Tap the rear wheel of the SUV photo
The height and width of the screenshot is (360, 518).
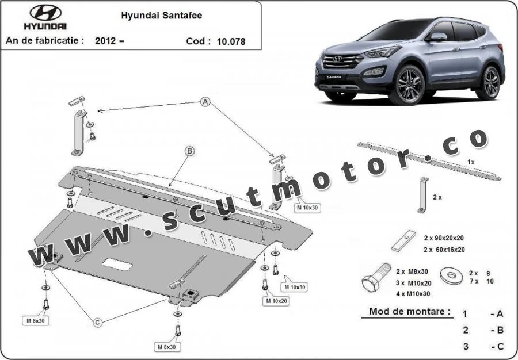pyautogui.click(x=490, y=83)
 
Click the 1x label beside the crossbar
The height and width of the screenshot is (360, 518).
pyautogui.click(x=471, y=162)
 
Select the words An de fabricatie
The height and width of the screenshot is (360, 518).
pyautogui.click(x=44, y=41)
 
